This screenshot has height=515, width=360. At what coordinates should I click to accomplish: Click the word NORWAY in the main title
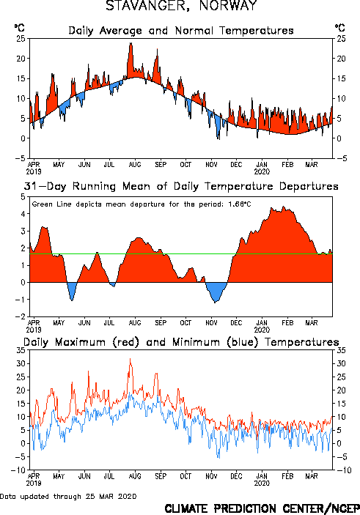point(228,6)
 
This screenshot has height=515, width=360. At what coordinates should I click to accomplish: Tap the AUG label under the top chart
point(135,164)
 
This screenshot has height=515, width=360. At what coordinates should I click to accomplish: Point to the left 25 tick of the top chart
point(21,38)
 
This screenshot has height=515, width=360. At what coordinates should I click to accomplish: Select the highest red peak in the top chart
point(131,43)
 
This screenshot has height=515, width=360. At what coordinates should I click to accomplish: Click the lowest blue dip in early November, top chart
point(218,138)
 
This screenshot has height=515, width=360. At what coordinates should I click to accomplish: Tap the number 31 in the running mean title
point(30,186)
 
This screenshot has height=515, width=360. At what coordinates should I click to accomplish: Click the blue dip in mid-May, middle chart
point(72,300)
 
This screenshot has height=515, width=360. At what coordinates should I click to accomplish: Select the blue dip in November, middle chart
point(216,302)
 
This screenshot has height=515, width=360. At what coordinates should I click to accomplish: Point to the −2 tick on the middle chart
point(22,316)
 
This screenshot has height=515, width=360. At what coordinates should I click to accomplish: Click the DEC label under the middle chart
point(236,322)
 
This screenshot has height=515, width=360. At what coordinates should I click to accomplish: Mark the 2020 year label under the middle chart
point(262,330)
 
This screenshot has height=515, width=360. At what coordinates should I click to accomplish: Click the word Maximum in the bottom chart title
point(80,342)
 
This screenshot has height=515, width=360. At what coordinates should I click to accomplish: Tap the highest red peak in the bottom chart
point(131,359)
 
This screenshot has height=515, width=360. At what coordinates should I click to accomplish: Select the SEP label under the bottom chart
point(161,476)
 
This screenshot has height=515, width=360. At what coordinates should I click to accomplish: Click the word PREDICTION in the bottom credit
point(246,508)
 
